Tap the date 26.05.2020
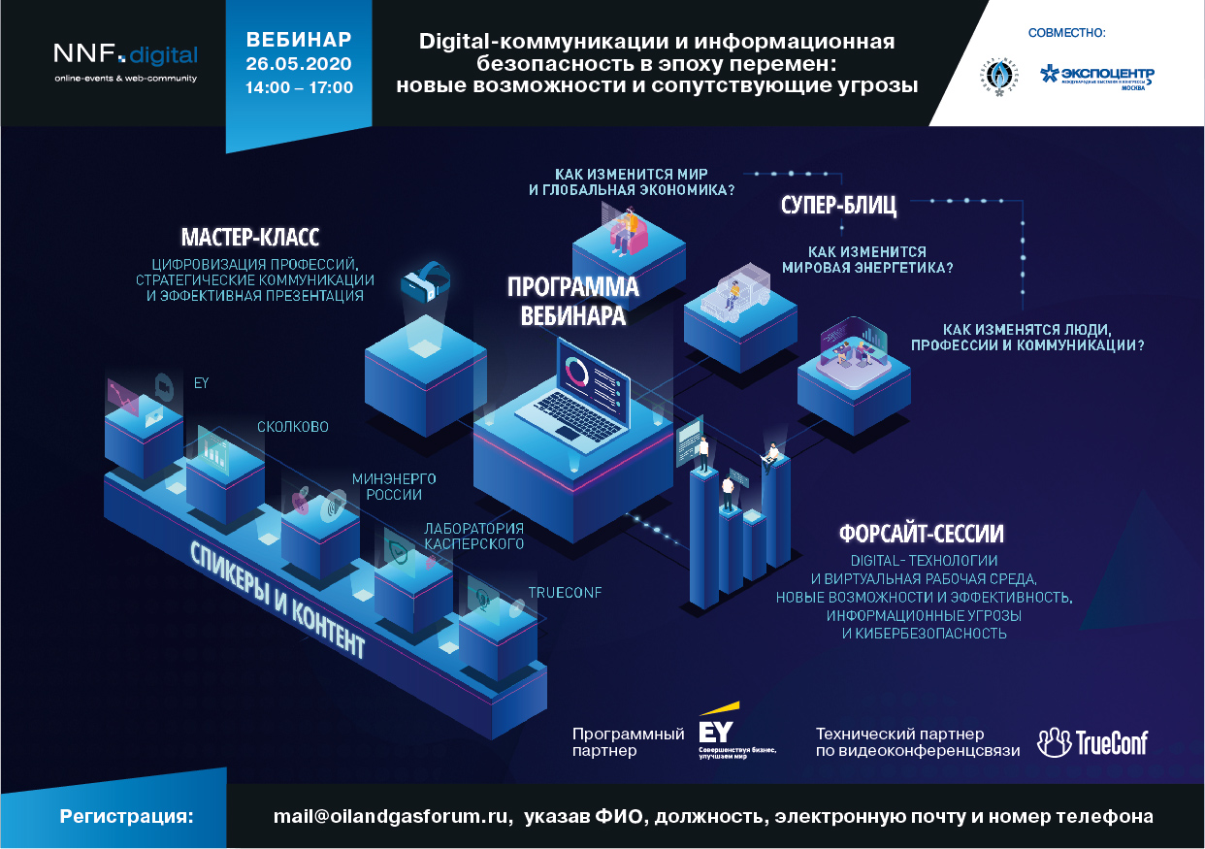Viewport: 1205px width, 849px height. click(x=299, y=64)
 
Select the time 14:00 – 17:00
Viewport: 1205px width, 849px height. click(x=299, y=86)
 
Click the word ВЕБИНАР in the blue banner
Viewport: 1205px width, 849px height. click(x=299, y=40)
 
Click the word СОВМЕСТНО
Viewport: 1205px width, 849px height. click(x=1066, y=33)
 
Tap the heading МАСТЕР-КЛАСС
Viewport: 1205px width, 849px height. click(x=250, y=239)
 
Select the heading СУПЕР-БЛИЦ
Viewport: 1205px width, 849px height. click(x=838, y=206)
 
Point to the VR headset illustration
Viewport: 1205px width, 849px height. click(x=426, y=281)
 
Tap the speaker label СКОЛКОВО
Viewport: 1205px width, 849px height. click(x=292, y=427)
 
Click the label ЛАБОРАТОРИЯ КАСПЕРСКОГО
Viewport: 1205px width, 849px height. click(x=473, y=536)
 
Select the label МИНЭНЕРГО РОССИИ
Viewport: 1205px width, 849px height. click(x=394, y=486)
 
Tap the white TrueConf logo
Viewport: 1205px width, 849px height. click(x=1091, y=742)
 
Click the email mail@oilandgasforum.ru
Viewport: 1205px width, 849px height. click(x=392, y=816)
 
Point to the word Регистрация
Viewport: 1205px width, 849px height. click(x=126, y=816)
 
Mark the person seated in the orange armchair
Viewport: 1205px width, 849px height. click(x=628, y=229)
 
